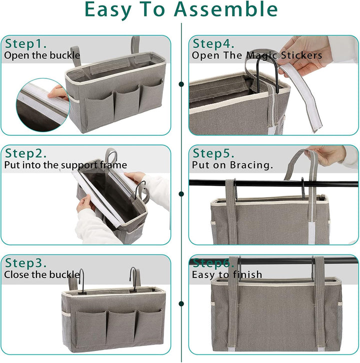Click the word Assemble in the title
[x=225, y=9]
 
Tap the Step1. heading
[x=25, y=44]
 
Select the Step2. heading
[x=25, y=153]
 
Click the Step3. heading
[x=25, y=263]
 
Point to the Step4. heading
[x=213, y=44]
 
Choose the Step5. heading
[x=213, y=153]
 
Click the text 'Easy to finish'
[x=227, y=275]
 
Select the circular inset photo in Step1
[x=43, y=105]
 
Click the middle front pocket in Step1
[x=126, y=105]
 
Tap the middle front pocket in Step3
[x=121, y=327]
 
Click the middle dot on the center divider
[x=181, y=194]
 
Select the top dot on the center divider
[x=181, y=84]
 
